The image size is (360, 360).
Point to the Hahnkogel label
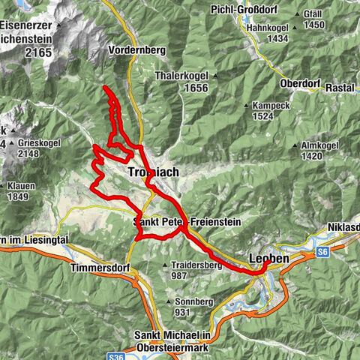click(268, 28)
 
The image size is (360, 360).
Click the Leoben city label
click(268, 259)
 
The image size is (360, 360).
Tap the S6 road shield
click(323, 252)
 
